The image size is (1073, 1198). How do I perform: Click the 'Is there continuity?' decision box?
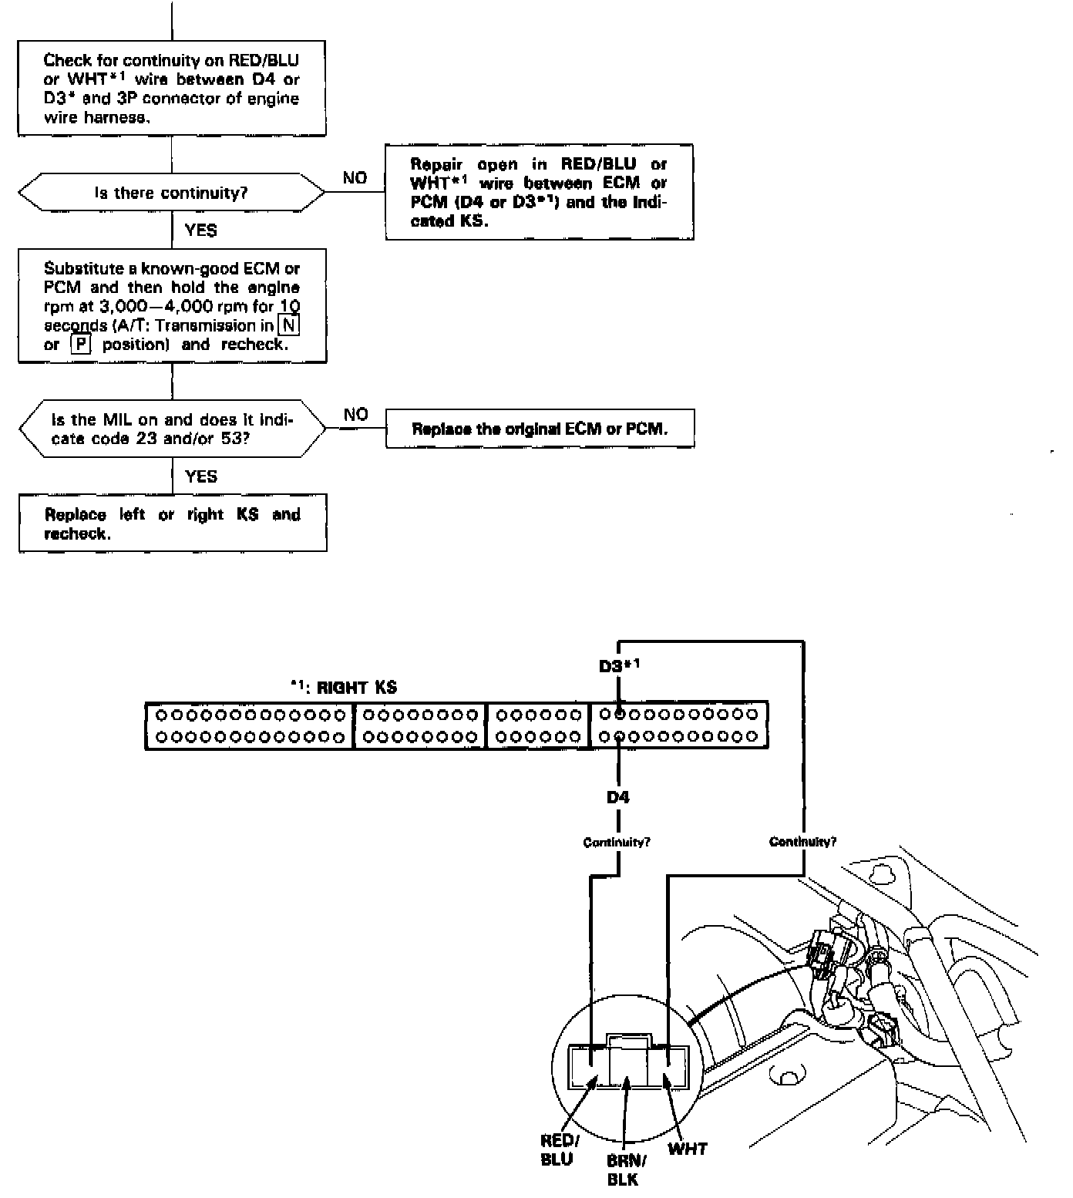click(171, 193)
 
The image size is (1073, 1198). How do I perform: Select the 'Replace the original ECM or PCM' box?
click(540, 429)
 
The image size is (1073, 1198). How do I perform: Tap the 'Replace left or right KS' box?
click(172, 523)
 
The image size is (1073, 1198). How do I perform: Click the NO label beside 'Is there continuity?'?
click(355, 178)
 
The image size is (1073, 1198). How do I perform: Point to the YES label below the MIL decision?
click(201, 476)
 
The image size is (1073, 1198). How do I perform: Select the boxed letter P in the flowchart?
click(80, 345)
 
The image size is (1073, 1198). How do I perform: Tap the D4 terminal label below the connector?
click(617, 797)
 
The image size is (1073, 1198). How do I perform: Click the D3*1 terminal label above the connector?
click(619, 665)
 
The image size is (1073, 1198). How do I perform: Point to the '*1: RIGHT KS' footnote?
click(344, 688)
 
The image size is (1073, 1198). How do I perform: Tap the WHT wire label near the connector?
click(688, 1149)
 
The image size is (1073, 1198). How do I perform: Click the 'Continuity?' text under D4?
click(617, 842)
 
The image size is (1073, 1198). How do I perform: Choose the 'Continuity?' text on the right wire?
click(802, 842)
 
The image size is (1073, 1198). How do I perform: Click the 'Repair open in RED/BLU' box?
click(539, 192)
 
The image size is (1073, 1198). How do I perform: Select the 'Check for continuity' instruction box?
click(171, 89)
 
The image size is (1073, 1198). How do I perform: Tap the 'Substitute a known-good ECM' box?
click(172, 306)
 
